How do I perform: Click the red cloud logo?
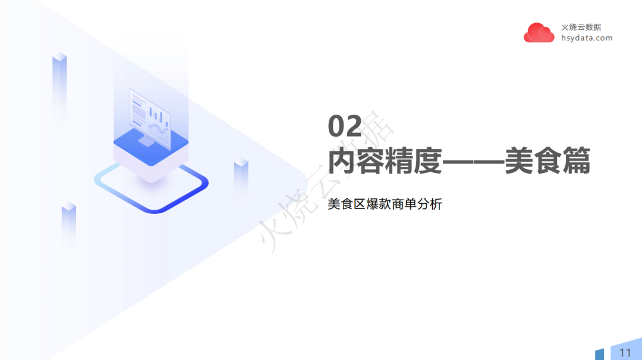539,33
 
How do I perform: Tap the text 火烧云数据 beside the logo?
581,27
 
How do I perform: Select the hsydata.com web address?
586,38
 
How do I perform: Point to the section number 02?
345,127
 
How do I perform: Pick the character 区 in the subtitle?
356,204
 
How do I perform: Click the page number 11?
625,352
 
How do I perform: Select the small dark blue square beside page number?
599,354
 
